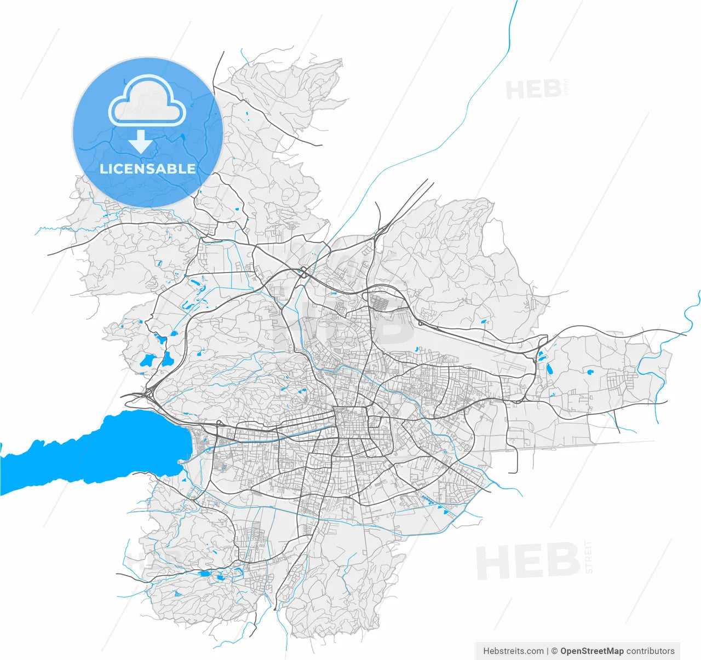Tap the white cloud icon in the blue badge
147,101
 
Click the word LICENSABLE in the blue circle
147,169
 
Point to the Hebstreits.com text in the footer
513,651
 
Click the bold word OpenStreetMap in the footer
591,651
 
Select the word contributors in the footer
651,651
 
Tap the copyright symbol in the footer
554,651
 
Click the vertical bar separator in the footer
547,651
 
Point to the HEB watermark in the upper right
533,89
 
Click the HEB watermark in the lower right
527,561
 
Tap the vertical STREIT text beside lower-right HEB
589,557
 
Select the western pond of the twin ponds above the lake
147,361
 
